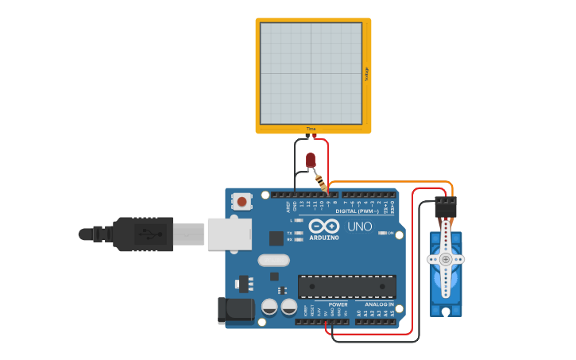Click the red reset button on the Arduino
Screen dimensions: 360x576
click(242, 202)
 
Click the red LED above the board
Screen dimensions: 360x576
click(311, 160)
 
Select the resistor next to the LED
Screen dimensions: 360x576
click(322, 184)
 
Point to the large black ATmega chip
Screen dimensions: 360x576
click(347, 286)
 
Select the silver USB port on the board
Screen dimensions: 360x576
click(229, 234)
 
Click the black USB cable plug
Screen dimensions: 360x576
click(143, 234)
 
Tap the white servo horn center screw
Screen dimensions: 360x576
click(446, 259)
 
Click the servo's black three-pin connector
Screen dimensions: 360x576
click(446, 207)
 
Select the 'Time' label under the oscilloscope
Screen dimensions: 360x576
click(311, 129)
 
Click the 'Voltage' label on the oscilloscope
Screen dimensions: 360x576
click(367, 74)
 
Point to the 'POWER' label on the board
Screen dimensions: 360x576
click(338, 304)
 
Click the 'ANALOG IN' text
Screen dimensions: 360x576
click(379, 304)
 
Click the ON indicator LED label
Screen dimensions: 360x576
click(390, 233)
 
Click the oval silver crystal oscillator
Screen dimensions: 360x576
click(273, 260)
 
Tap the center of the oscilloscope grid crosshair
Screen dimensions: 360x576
click(311, 73)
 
